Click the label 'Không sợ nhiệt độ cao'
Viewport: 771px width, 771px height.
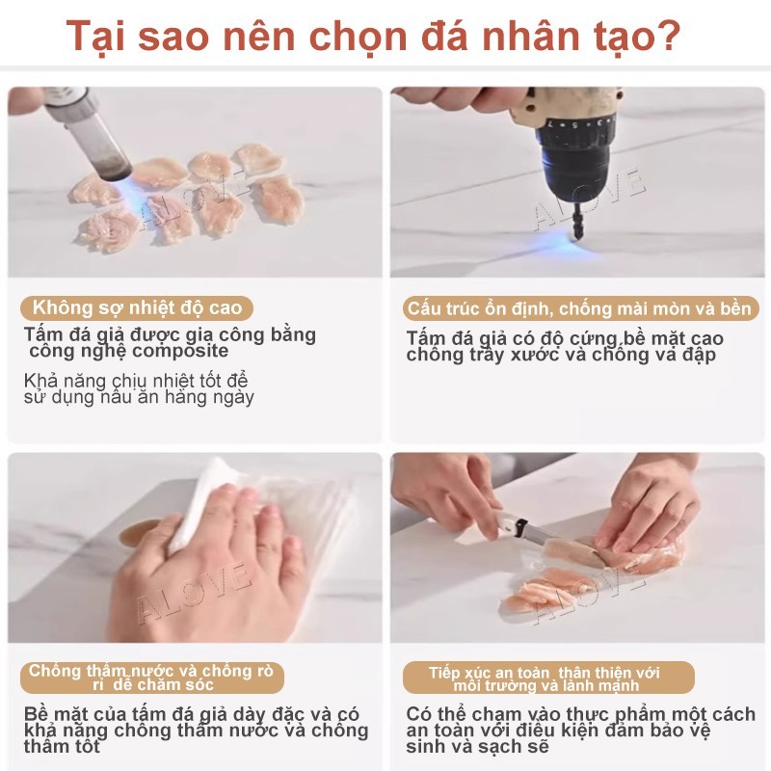pyautogui.click(x=138, y=308)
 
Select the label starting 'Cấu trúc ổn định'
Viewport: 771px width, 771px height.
pyautogui.click(x=581, y=308)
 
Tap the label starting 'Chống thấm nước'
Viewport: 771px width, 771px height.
pyautogui.click(x=151, y=678)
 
